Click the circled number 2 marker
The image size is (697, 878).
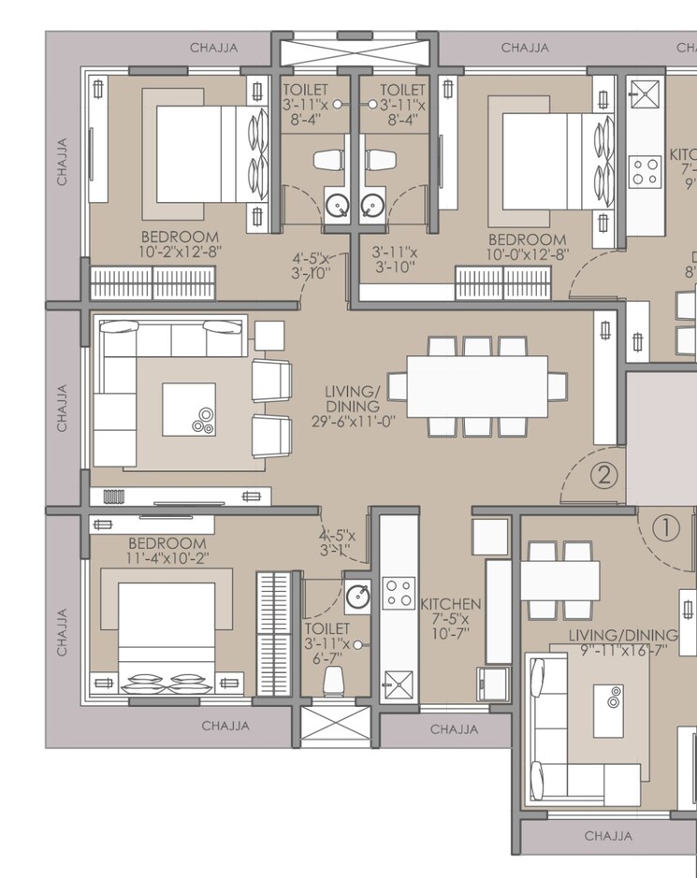pos(604,475)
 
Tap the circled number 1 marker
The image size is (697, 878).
pos(665,529)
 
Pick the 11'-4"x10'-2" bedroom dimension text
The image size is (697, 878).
pos(167,558)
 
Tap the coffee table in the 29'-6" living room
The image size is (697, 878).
pos(188,410)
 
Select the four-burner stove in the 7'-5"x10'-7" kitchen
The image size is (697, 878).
pos(398,592)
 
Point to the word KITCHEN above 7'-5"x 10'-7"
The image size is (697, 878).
pos(450,604)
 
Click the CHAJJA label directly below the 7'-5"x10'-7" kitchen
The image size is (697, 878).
pos(454,728)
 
